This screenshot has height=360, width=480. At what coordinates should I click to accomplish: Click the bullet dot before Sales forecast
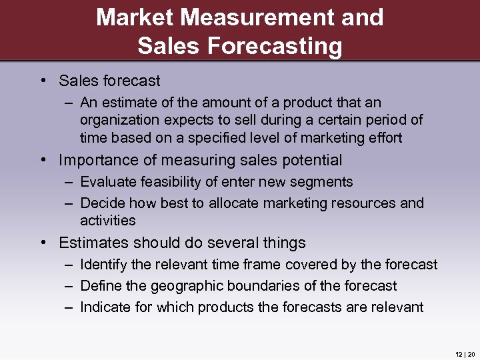[x=42, y=81]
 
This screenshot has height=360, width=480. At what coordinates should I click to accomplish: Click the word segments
[x=323, y=181]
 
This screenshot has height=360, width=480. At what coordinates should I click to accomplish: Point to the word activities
[x=107, y=220]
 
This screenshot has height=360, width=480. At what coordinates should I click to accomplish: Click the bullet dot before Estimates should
[x=42, y=243]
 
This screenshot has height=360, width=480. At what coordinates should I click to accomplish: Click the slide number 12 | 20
[x=465, y=354]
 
